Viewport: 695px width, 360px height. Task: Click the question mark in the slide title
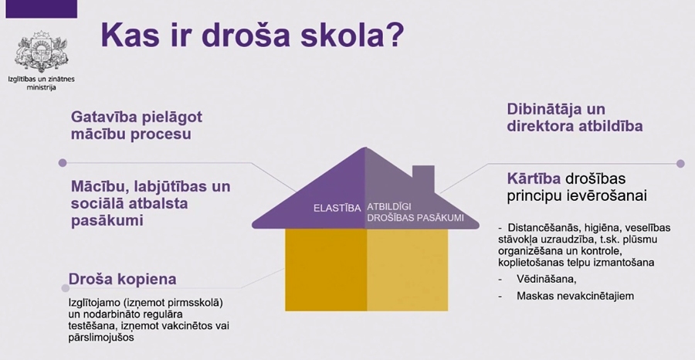coord(394,35)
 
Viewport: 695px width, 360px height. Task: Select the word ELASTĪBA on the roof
coord(337,209)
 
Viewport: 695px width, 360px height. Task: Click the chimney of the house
coord(423,178)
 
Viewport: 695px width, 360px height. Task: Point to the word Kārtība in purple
coord(534,178)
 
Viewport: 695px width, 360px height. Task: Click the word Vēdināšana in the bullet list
coord(547,280)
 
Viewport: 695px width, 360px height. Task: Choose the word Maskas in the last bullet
coord(533,296)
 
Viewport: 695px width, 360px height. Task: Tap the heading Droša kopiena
coord(122,280)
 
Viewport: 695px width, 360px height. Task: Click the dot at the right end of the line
coord(681,164)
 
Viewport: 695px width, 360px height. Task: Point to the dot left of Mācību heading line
coord(63,163)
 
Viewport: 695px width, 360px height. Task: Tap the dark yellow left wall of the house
coord(326,270)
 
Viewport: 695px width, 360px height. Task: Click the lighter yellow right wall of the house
coord(407,270)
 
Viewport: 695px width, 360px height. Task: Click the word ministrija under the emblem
coord(41,87)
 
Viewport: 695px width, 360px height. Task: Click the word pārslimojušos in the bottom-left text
coord(101,338)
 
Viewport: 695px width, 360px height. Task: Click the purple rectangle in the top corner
coord(41,8)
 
